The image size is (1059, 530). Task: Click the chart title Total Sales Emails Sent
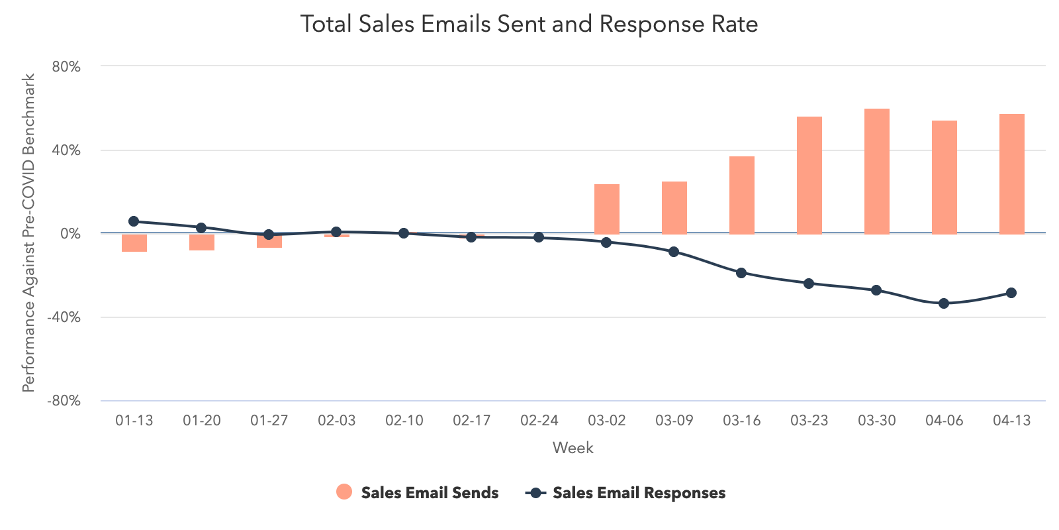pyautogui.click(x=529, y=25)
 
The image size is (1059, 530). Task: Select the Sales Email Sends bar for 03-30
pyautogui.click(x=876, y=171)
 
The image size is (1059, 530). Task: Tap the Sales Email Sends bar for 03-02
pyautogui.click(x=606, y=209)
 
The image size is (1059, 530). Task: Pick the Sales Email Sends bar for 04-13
pyautogui.click(x=1011, y=174)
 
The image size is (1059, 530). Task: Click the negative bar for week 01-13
pyautogui.click(x=134, y=242)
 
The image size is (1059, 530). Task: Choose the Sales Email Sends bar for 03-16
pyautogui.click(x=741, y=195)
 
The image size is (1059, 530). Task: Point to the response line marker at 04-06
pyautogui.click(x=944, y=303)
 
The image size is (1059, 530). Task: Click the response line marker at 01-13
pyautogui.click(x=134, y=221)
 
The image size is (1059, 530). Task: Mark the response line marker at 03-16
pyautogui.click(x=741, y=273)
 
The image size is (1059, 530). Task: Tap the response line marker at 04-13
pyautogui.click(x=1011, y=293)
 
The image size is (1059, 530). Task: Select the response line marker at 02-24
pyautogui.click(x=539, y=237)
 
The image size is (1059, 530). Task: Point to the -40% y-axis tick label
pyautogui.click(x=64, y=317)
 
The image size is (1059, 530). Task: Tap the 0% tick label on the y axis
pyautogui.click(x=69, y=234)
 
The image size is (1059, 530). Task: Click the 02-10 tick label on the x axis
pyautogui.click(x=404, y=421)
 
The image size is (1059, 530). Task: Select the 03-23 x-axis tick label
pyautogui.click(x=809, y=421)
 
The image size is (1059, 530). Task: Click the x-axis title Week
pyautogui.click(x=573, y=448)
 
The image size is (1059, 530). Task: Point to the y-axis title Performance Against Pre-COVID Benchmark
pyautogui.click(x=28, y=233)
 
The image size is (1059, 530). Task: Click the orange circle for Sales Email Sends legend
pyautogui.click(x=344, y=492)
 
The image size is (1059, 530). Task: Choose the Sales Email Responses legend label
pyautogui.click(x=639, y=493)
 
